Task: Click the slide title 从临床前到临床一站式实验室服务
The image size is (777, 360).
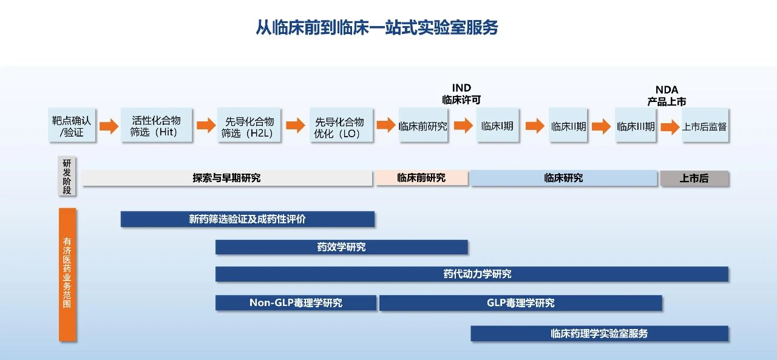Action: (376, 28)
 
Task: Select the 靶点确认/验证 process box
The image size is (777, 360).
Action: (72, 126)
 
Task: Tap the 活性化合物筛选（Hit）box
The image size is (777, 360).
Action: (156, 126)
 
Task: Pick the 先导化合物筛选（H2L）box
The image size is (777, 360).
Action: (249, 126)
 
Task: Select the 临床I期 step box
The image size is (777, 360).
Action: (497, 126)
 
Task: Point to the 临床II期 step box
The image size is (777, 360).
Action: (568, 126)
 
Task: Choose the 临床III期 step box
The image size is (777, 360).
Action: (636, 126)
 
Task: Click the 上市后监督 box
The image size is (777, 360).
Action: (704, 126)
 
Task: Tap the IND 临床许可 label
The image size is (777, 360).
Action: (461, 94)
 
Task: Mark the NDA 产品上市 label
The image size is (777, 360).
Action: (667, 96)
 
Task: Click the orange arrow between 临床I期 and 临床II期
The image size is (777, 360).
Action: (535, 126)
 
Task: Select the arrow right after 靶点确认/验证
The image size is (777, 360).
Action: (109, 126)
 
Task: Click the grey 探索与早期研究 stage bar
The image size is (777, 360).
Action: (227, 178)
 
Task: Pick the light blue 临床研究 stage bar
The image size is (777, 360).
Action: (563, 178)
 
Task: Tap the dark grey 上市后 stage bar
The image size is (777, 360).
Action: (694, 178)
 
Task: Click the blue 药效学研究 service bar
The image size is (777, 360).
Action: (341, 247)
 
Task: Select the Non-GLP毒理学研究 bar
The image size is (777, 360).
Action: (296, 302)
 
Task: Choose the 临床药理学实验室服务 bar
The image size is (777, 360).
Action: (599, 333)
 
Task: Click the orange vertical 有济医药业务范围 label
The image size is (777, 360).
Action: (67, 273)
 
